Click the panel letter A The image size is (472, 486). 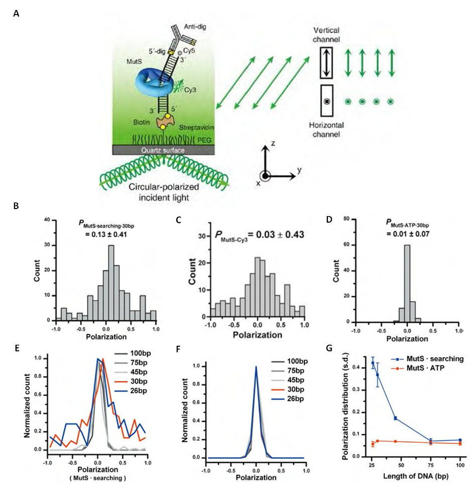point(16,14)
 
